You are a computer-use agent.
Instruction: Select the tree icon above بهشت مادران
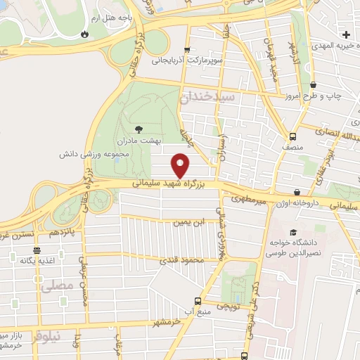pos(138,129)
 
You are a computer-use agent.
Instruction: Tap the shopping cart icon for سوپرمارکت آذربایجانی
pos(186,50)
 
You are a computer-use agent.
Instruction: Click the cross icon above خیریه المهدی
pos(345,34)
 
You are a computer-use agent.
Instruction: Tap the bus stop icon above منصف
pos(292,136)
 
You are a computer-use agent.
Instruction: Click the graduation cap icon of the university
pos(293,233)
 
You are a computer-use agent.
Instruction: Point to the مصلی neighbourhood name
pos(58,286)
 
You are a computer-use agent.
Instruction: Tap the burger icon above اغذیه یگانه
pos(37,250)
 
